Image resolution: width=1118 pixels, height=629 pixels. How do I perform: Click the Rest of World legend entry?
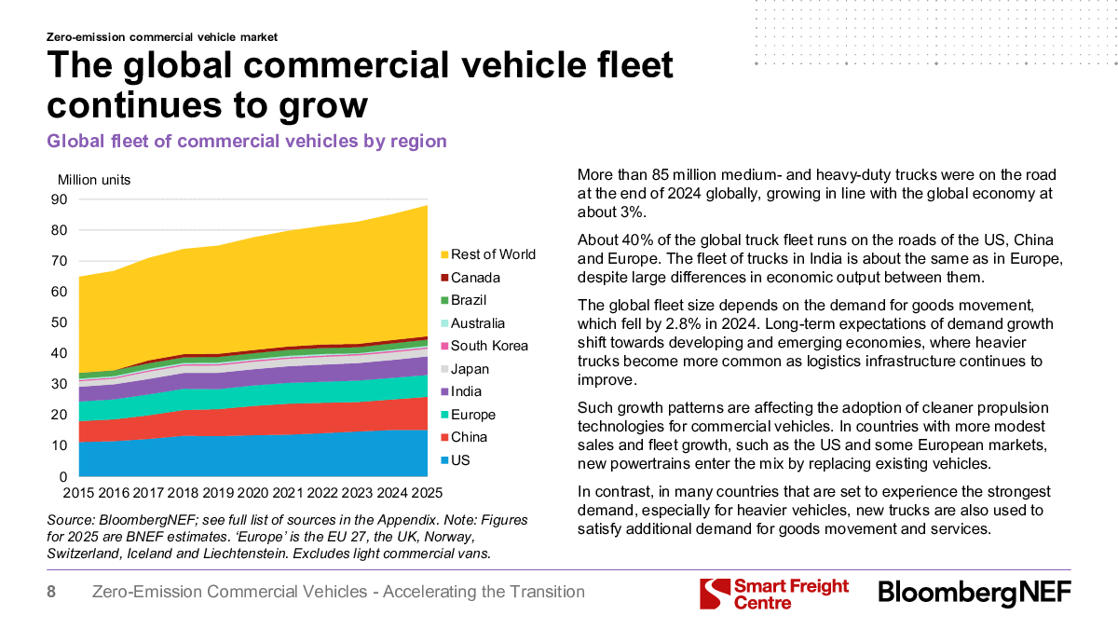click(493, 254)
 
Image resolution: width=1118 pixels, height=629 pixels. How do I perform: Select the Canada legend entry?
click(475, 278)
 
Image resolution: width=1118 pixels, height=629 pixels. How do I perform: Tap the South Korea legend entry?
click(489, 346)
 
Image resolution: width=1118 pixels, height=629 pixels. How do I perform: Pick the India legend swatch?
click(443, 392)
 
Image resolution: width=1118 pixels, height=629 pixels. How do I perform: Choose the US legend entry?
click(460, 460)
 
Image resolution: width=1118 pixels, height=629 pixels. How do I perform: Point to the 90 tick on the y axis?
click(59, 199)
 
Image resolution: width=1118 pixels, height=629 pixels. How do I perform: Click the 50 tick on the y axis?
click(59, 322)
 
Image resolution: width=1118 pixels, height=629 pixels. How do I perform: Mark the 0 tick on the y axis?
click(62, 476)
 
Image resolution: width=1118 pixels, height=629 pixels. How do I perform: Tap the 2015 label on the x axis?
click(79, 493)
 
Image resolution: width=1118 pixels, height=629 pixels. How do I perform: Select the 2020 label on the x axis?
click(252, 493)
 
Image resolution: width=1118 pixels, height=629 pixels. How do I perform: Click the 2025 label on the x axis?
click(426, 493)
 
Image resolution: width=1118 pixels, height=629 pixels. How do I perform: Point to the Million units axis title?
click(94, 180)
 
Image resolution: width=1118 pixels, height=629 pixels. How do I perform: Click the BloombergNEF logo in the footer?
click(975, 593)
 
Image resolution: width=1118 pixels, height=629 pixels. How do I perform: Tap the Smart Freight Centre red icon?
click(715, 594)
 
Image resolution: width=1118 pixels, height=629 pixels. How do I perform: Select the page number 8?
click(52, 592)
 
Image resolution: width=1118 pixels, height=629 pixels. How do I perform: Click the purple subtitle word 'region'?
click(417, 142)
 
